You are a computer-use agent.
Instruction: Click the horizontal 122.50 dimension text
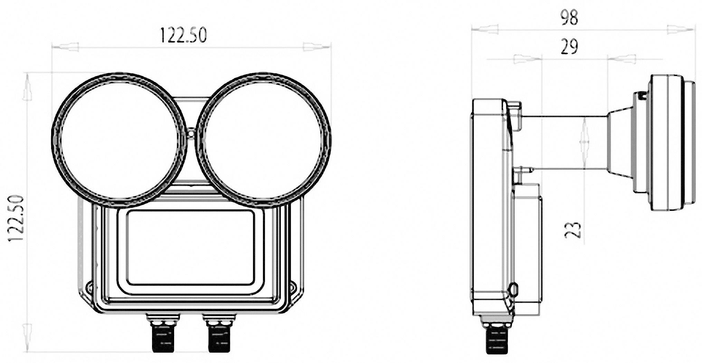click(x=183, y=35)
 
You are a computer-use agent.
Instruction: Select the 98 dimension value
click(x=569, y=18)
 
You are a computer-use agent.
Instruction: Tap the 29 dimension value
click(x=569, y=47)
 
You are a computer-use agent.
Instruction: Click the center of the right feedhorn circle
click(x=263, y=141)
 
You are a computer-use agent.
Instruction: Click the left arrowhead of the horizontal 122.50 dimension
click(x=66, y=47)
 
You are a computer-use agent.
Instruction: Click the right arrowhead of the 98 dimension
click(x=680, y=29)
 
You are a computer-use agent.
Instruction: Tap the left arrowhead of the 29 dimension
click(x=527, y=59)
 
